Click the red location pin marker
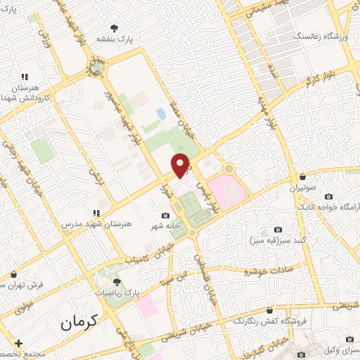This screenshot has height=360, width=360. (181, 165)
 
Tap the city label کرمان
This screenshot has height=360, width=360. (77, 323)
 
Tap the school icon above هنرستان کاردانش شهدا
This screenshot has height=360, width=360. (25, 77)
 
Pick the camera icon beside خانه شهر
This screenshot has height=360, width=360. (166, 215)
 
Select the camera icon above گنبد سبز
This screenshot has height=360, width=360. (278, 230)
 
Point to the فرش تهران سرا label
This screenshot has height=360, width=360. (21, 285)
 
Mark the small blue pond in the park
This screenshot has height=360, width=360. (160, 112)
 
